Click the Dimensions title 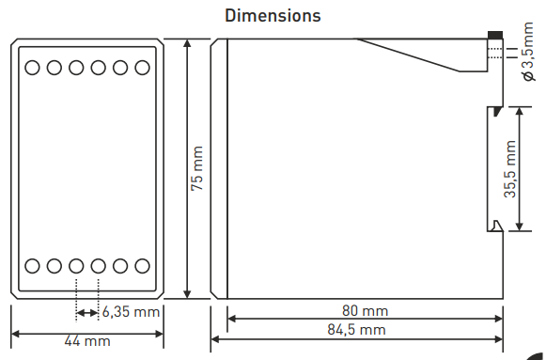pos(273,16)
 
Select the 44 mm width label pos(87,342)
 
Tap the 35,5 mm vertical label pos(508,169)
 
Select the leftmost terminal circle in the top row pos(32,68)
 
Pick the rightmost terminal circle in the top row pos(142,68)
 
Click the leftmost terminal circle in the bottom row pos(32,266)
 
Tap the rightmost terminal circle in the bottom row pos(142,266)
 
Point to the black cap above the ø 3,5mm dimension pos(495,38)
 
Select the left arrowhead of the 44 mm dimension pos(14,334)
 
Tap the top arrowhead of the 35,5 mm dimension pos(520,111)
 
